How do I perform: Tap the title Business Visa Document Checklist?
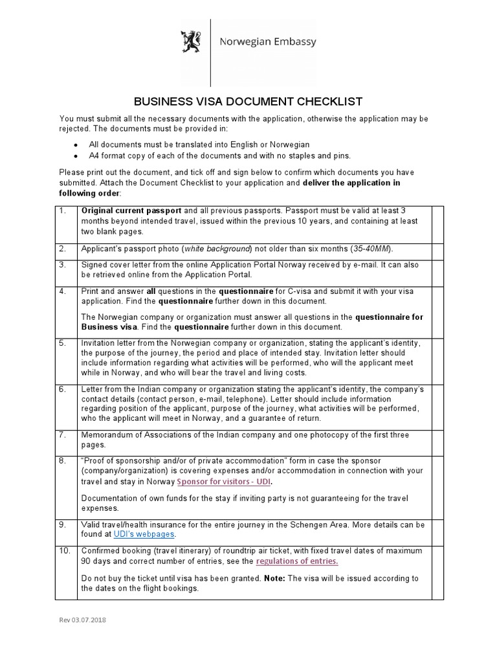point(248,102)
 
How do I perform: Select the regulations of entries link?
point(297,561)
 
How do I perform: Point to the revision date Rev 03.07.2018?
point(82,620)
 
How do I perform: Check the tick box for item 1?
point(437,223)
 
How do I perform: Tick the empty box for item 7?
point(437,440)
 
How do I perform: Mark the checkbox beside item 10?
point(437,570)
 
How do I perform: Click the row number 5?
point(63,343)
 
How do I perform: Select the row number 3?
point(63,265)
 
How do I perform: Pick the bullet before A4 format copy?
point(76,156)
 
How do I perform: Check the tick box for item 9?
point(437,529)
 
